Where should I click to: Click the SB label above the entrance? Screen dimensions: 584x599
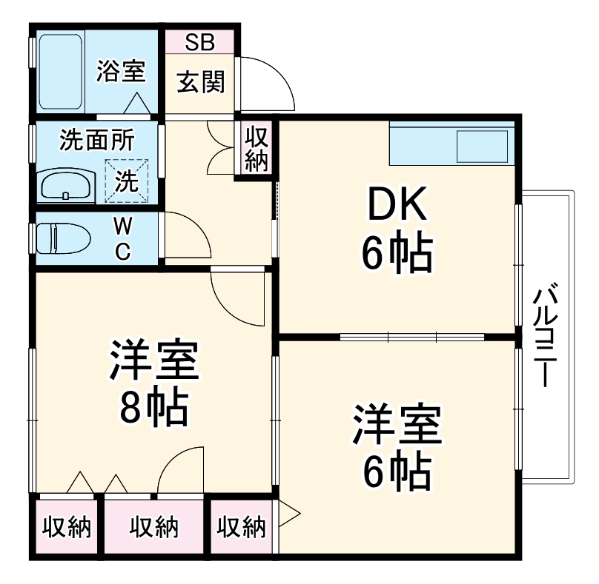[199, 42]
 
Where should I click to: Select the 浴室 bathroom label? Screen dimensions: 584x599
[122, 71]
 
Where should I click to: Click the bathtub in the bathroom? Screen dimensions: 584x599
[60, 71]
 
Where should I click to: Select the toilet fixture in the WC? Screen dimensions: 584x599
[63, 239]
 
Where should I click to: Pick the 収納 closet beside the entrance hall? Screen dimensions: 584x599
[257, 148]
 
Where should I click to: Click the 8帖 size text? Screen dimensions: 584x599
[153, 406]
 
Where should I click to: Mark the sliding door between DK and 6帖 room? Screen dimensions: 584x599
[411, 337]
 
